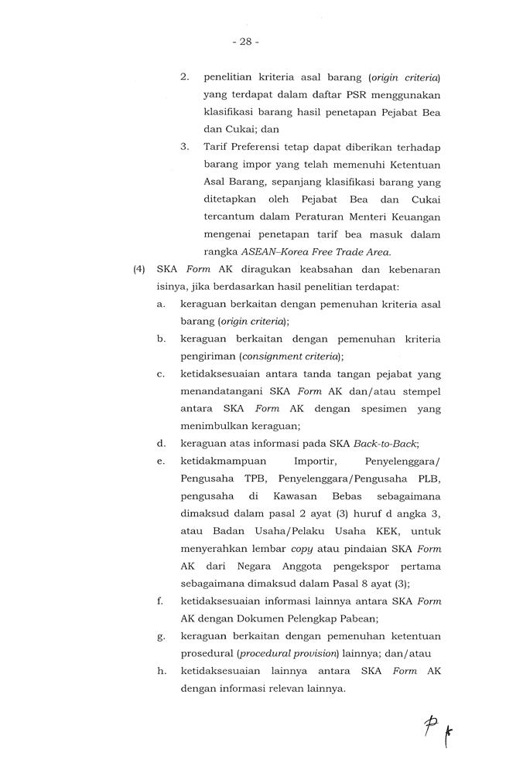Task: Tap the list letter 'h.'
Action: click(161, 671)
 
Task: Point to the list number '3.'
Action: click(185, 147)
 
